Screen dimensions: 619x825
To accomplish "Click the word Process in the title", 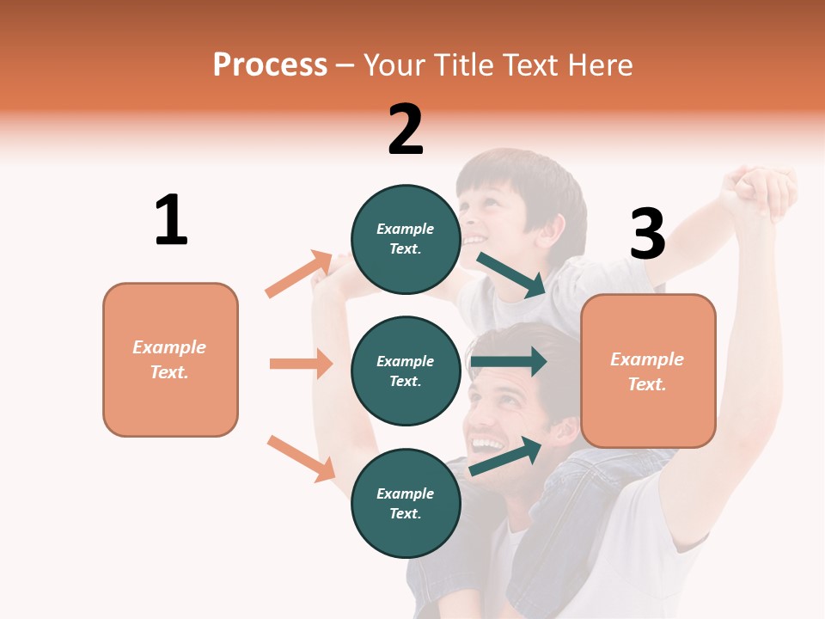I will point(270,64).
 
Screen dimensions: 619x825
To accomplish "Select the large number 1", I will point(171,220).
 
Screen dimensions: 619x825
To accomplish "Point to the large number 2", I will point(406,130).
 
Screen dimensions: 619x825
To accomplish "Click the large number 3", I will point(648,235).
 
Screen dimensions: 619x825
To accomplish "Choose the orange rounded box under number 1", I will point(170,359).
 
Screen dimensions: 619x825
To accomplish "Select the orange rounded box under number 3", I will point(648,371).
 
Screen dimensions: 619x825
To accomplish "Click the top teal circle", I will point(406,239).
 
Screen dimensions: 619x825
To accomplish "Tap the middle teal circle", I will point(406,371).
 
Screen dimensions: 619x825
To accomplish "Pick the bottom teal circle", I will point(406,503).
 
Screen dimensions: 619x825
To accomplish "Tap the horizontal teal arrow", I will point(509,361).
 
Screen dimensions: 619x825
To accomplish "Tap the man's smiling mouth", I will point(488,445).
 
